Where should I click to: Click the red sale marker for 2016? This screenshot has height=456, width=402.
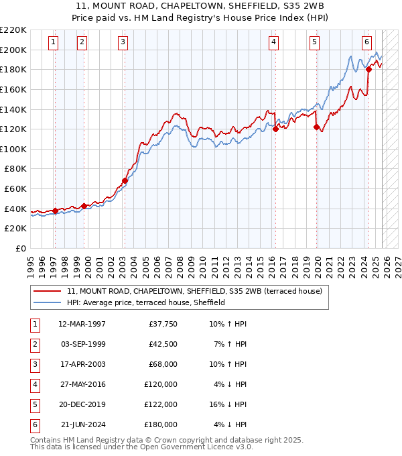[275, 129]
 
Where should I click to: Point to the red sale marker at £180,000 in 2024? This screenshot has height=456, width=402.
[369, 69]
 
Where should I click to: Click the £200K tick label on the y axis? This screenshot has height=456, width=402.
[13, 50]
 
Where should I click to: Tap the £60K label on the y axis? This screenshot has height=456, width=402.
[15, 189]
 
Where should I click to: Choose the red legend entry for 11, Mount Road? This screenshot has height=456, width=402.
[194, 291]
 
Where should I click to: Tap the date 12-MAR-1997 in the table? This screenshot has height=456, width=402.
[82, 324]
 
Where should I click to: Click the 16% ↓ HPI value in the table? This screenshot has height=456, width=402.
[232, 404]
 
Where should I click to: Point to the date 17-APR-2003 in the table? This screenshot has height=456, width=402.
[82, 364]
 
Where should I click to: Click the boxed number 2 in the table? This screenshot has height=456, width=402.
[34, 344]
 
